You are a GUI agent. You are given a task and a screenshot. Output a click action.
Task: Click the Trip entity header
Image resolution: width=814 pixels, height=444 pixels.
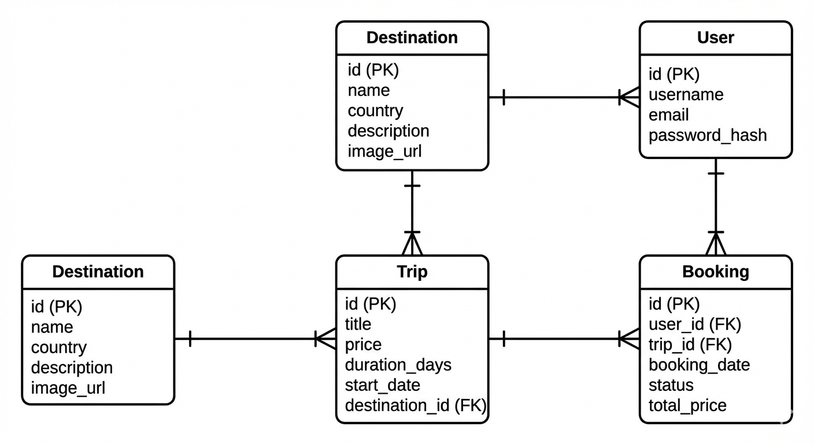412,272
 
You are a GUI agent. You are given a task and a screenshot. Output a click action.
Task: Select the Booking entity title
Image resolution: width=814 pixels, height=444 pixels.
715,272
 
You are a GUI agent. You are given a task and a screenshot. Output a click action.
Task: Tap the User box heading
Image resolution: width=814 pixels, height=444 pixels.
715,38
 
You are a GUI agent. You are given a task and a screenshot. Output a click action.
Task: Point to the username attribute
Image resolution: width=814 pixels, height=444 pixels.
686,94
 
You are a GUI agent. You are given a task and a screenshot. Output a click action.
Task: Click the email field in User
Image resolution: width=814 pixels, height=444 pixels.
668,114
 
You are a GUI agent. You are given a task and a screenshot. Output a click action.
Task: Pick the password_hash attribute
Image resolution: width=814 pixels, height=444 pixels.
707,135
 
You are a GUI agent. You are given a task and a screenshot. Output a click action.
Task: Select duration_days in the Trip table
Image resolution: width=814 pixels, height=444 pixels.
398,365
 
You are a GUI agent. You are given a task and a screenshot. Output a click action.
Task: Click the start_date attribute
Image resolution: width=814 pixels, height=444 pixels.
382,385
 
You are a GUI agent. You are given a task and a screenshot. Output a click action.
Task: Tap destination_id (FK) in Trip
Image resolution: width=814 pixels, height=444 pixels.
415,405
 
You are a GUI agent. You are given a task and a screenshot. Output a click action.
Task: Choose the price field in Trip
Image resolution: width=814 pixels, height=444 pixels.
363,345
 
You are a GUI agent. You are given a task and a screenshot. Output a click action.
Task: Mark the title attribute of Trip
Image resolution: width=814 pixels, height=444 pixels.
358,324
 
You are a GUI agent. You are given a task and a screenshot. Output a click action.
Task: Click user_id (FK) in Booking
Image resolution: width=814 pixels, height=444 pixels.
694,324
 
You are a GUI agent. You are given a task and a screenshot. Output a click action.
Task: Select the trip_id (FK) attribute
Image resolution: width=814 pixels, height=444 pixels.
690,345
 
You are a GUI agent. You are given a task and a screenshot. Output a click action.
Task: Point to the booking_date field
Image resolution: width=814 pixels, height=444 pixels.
699,365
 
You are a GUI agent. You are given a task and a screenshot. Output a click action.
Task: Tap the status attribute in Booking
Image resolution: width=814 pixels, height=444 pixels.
671,385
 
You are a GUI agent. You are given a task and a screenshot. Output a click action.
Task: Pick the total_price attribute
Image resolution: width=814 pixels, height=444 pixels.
687,405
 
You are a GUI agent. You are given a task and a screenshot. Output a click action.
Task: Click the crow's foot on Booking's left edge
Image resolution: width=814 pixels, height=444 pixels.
629,338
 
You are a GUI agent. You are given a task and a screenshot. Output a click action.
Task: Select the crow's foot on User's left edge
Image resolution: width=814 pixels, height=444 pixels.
629,97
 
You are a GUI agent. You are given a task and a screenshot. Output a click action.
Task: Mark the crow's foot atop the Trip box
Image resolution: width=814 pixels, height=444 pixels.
412,243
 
